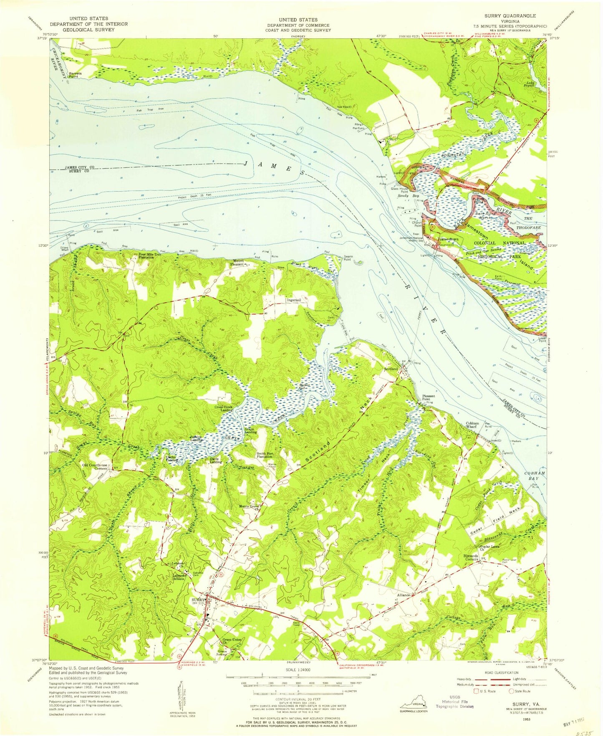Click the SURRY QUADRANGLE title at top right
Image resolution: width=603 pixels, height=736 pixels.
coord(510,15)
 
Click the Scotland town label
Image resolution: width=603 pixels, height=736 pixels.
coord(392,369)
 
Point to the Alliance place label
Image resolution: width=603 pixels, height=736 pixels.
coord(403,595)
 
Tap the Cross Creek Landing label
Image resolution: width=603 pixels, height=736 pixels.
coord(224,409)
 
